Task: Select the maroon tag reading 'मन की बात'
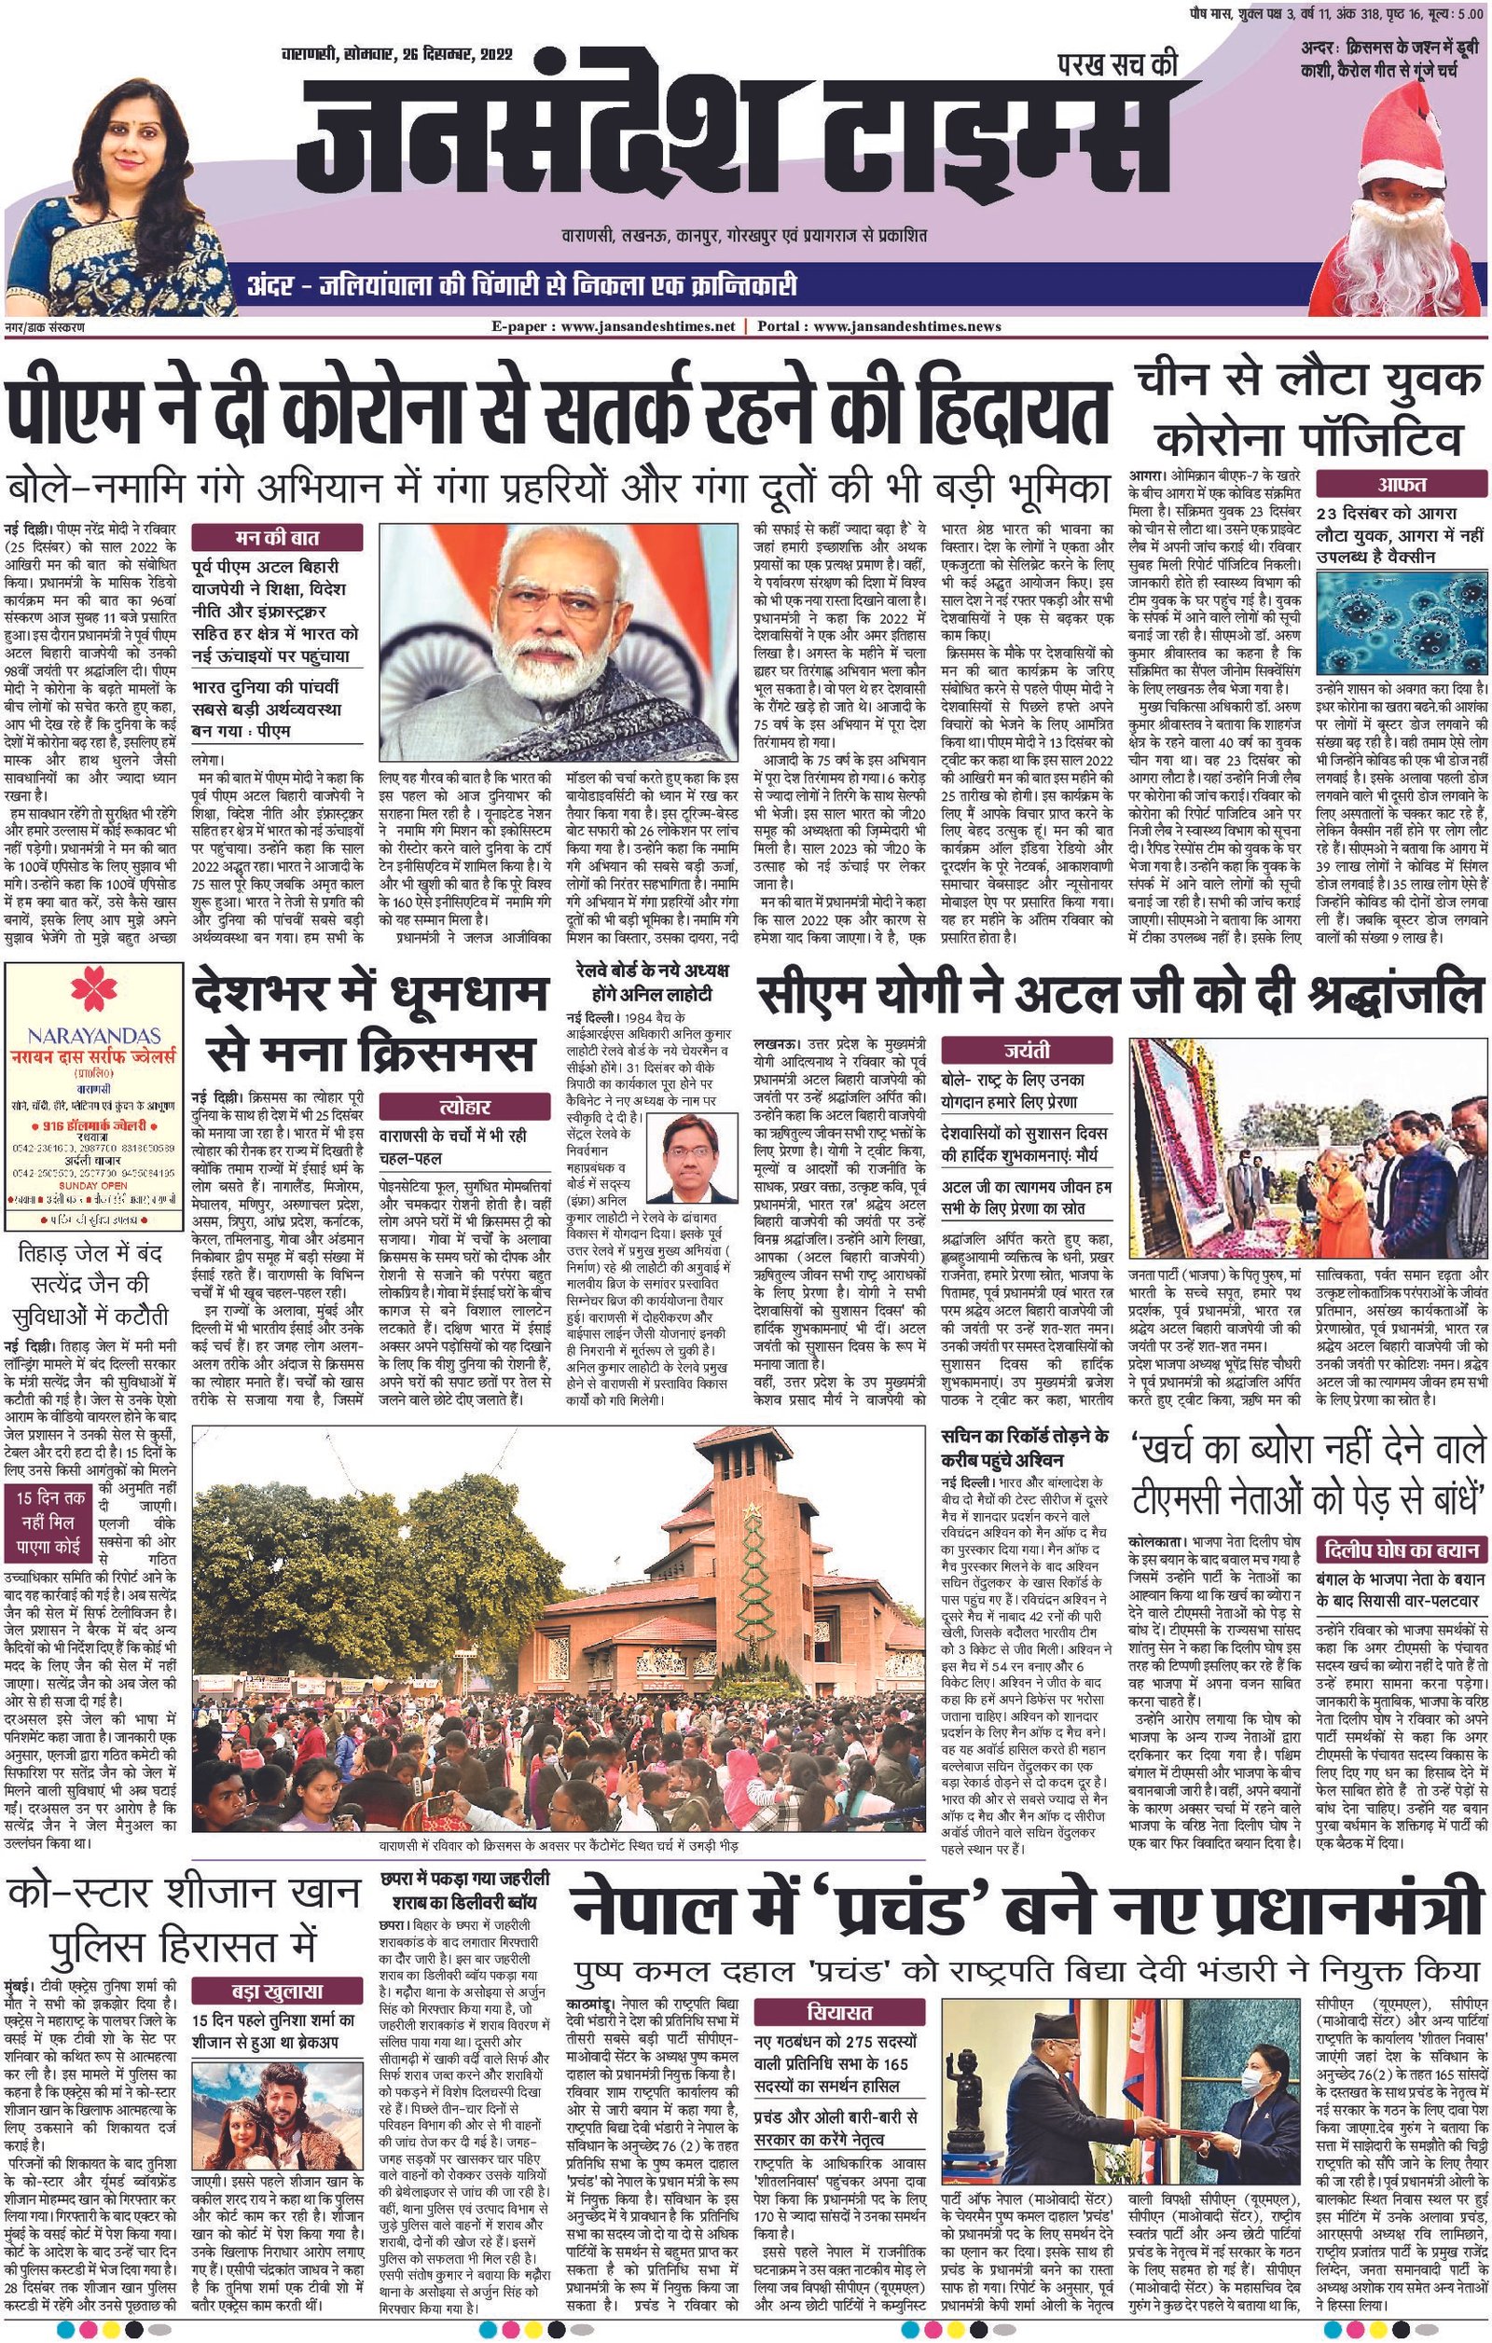pos(276,536)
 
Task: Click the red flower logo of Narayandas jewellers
pos(93,992)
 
